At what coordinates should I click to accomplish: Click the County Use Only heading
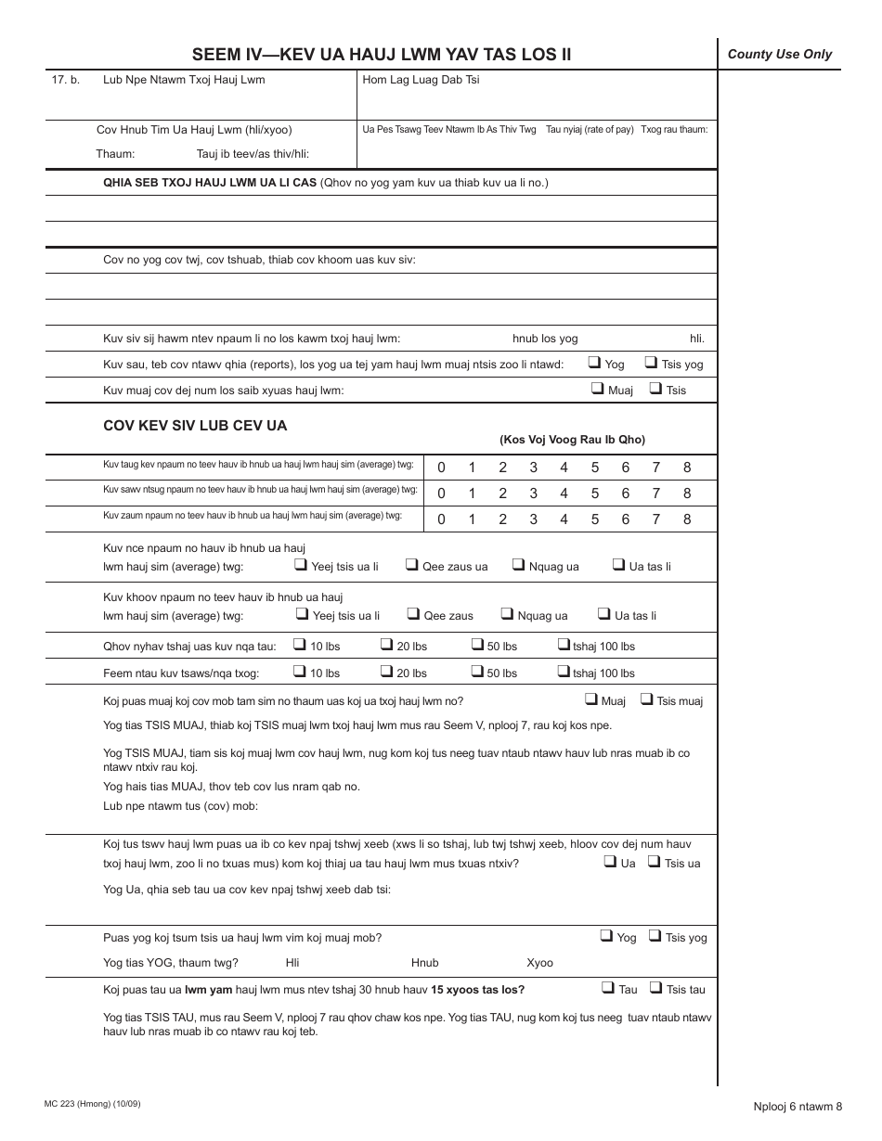coord(779,54)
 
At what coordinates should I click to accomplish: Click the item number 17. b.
coord(65,80)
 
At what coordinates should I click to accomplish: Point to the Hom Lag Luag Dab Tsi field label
coord(421,80)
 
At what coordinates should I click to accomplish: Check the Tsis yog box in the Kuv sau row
coord(652,363)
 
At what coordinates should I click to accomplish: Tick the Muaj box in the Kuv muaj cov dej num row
coord(598,389)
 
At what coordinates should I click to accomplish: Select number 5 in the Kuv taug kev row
coord(595,468)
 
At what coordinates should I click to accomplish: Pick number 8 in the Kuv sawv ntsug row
coord(687,494)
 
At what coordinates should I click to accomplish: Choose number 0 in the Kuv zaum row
coord(441,519)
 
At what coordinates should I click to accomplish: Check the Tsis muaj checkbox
coord(647,699)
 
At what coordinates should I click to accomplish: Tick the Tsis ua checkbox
coord(655,862)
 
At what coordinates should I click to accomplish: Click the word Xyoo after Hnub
coord(539,963)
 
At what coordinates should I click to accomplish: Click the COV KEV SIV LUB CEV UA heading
coord(195,426)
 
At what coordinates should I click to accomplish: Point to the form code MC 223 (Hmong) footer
coord(92,1104)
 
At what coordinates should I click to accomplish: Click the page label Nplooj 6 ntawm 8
coord(798,1105)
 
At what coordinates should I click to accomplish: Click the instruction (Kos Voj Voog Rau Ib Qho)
coord(572,440)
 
